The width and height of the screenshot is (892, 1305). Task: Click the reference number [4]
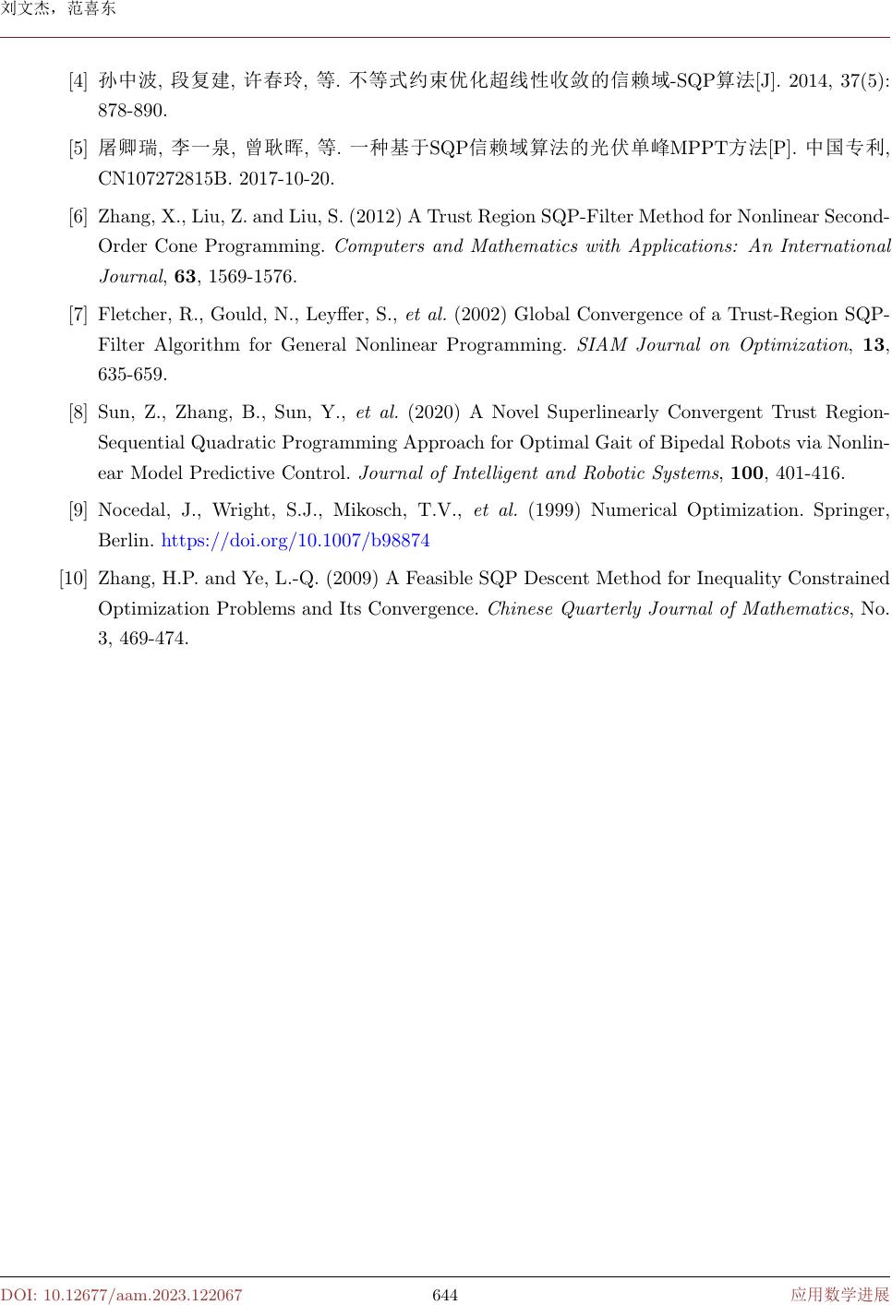pos(78,80)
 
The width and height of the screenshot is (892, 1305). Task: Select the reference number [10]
pos(73,579)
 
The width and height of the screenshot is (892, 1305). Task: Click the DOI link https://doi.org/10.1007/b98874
pos(295,541)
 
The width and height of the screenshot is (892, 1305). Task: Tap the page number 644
pos(445,1295)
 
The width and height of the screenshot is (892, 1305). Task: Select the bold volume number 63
pos(186,277)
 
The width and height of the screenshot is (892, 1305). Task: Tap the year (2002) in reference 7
pos(481,315)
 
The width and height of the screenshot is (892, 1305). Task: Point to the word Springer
pos(848,510)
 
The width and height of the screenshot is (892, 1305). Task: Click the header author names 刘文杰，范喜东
pos(58,10)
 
